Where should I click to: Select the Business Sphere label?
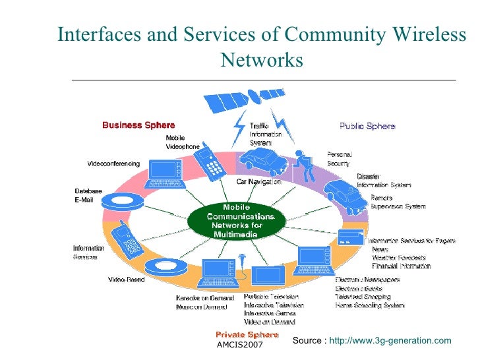click(138, 125)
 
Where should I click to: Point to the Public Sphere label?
click(367, 126)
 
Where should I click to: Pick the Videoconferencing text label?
click(113, 163)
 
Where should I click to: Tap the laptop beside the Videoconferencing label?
click(164, 173)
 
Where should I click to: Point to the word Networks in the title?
click(261, 61)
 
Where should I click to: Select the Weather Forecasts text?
click(399, 258)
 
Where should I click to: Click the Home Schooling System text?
click(369, 306)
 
